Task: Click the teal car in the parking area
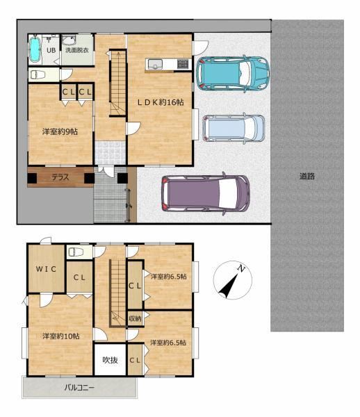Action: [233, 74]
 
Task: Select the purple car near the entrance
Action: [206, 193]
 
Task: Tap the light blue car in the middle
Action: [234, 128]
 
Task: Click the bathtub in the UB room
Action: [35, 50]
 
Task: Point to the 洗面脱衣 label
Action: [77, 50]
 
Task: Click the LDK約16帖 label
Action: [161, 102]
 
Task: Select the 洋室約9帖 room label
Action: [60, 131]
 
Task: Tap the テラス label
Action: [60, 177]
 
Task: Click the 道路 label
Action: [307, 176]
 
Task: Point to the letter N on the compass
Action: [241, 269]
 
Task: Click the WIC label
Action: [46, 269]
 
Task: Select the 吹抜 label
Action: [110, 360]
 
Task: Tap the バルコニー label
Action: [79, 388]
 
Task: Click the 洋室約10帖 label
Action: [61, 336]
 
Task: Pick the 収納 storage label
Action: [135, 318]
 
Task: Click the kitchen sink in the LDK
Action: [155, 65]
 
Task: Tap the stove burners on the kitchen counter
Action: [182, 64]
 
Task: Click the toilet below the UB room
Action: [38, 75]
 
